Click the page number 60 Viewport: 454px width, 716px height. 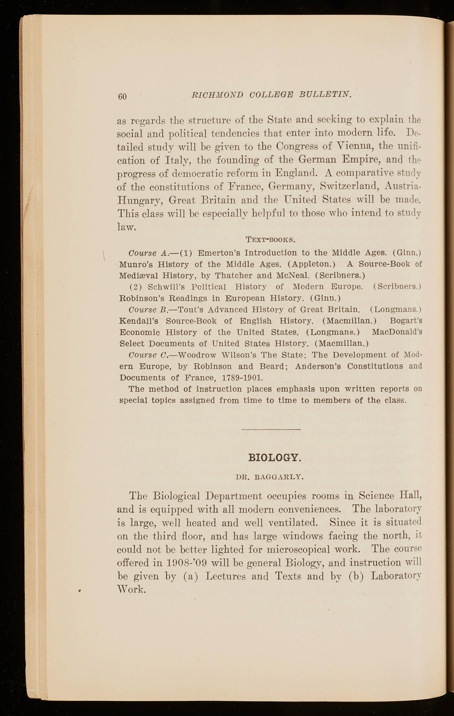[x=122, y=96]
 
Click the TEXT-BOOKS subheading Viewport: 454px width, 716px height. [x=270, y=239]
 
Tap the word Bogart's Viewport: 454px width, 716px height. [x=406, y=321]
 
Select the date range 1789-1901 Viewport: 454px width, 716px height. [x=242, y=378]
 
